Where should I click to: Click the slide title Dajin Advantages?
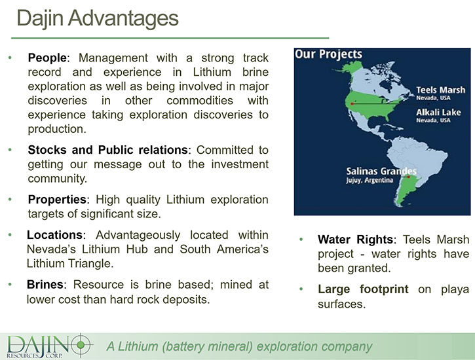point(98,19)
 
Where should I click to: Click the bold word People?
point(47,58)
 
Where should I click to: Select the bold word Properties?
point(57,200)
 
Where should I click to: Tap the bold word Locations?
point(54,235)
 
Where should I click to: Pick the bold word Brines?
point(45,284)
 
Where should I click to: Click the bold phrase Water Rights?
point(355,240)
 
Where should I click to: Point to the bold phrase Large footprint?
point(363,289)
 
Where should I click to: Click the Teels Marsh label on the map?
point(440,90)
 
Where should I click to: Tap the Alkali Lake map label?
point(438,112)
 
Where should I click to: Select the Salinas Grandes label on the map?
point(381,171)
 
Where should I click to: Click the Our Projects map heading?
point(328,54)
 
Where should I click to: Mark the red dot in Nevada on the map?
point(352,104)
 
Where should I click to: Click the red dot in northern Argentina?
point(408,177)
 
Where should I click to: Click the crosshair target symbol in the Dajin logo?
point(81,344)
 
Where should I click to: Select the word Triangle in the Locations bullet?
point(90,264)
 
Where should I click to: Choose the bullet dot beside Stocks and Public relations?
point(10,149)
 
